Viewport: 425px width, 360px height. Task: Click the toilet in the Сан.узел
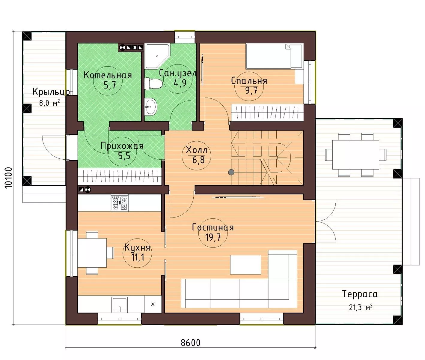click(x=153, y=84)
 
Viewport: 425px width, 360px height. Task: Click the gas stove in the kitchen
click(x=120, y=203)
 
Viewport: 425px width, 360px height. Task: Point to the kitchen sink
click(x=120, y=304)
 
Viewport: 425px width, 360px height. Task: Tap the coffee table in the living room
click(x=245, y=265)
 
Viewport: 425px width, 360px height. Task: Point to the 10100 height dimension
click(x=8, y=178)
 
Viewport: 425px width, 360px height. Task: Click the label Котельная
click(x=108, y=75)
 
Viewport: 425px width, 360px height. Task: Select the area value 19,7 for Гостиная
click(x=213, y=237)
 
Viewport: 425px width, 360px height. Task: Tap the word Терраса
click(x=360, y=294)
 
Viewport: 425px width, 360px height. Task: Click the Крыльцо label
click(x=52, y=92)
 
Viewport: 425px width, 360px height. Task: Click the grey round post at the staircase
click(x=231, y=172)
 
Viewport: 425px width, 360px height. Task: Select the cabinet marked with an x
click(x=153, y=304)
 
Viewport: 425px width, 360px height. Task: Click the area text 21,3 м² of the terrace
click(x=361, y=307)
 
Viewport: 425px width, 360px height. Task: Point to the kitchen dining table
click(x=92, y=253)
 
